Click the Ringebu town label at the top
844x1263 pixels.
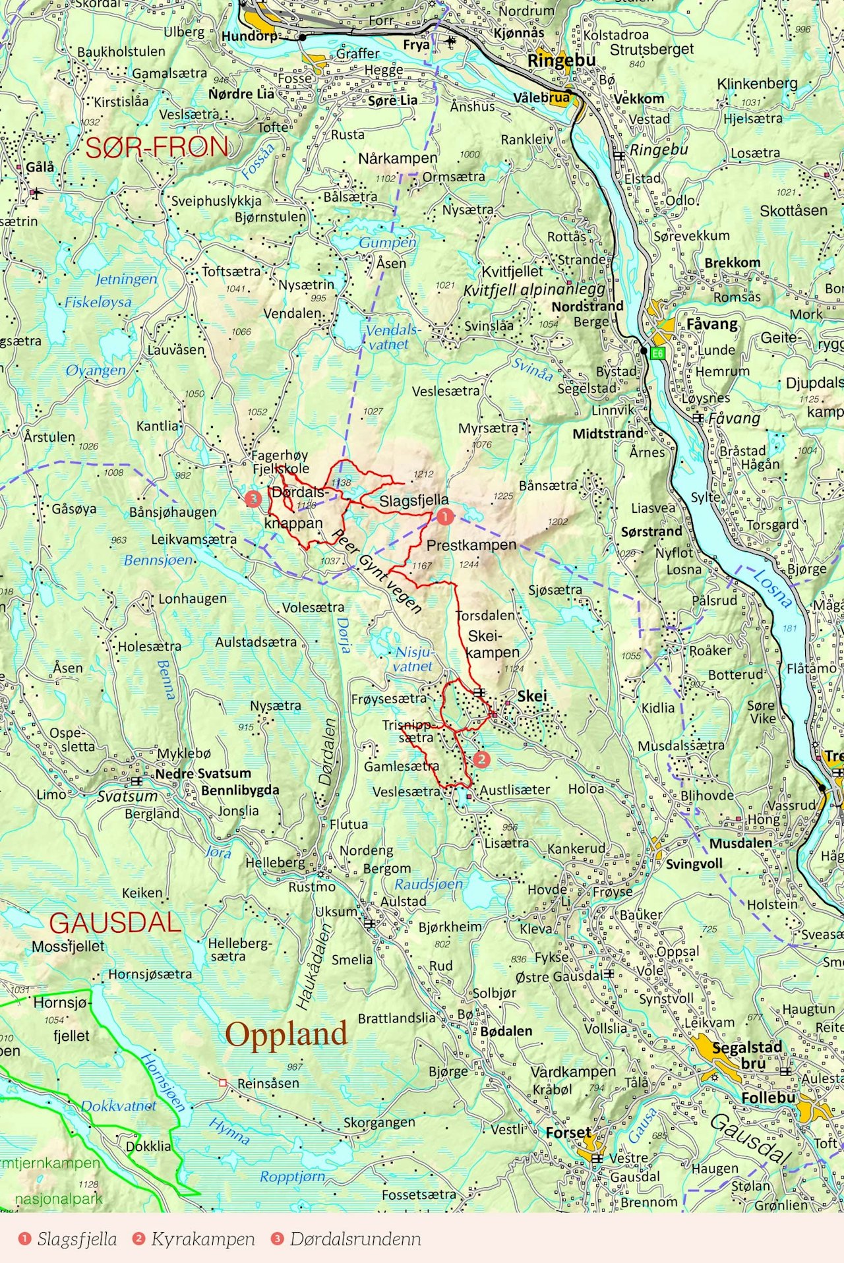point(560,61)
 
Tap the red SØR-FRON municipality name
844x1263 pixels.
point(157,147)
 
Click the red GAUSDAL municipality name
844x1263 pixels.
point(115,922)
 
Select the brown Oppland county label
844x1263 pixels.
point(286,1035)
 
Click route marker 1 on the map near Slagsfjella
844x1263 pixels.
point(445,517)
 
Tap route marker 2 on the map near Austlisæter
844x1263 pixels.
point(481,759)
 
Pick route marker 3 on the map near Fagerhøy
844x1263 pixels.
point(253,499)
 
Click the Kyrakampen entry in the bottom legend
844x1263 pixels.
point(202,1239)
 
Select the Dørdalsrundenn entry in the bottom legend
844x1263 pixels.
point(355,1239)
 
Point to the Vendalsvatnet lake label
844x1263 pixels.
point(392,336)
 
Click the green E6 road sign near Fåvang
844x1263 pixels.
point(657,354)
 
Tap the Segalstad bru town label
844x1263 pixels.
point(746,1055)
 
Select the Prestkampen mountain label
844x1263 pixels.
point(471,545)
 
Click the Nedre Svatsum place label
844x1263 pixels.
point(203,773)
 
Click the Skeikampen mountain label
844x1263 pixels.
point(493,644)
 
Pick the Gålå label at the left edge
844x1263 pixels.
point(40,167)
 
